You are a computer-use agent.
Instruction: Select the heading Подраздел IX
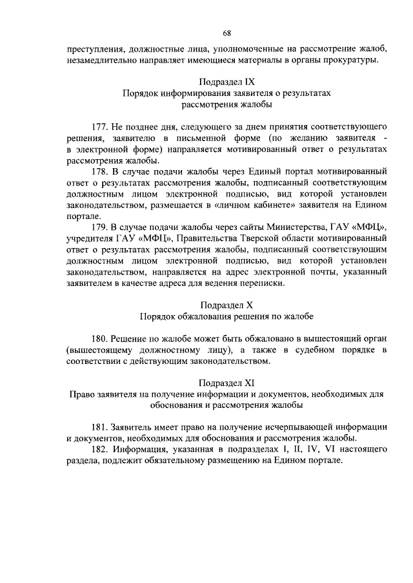(226, 82)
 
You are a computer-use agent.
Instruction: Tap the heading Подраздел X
(226, 305)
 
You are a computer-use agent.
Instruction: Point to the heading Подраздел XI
(226, 382)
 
